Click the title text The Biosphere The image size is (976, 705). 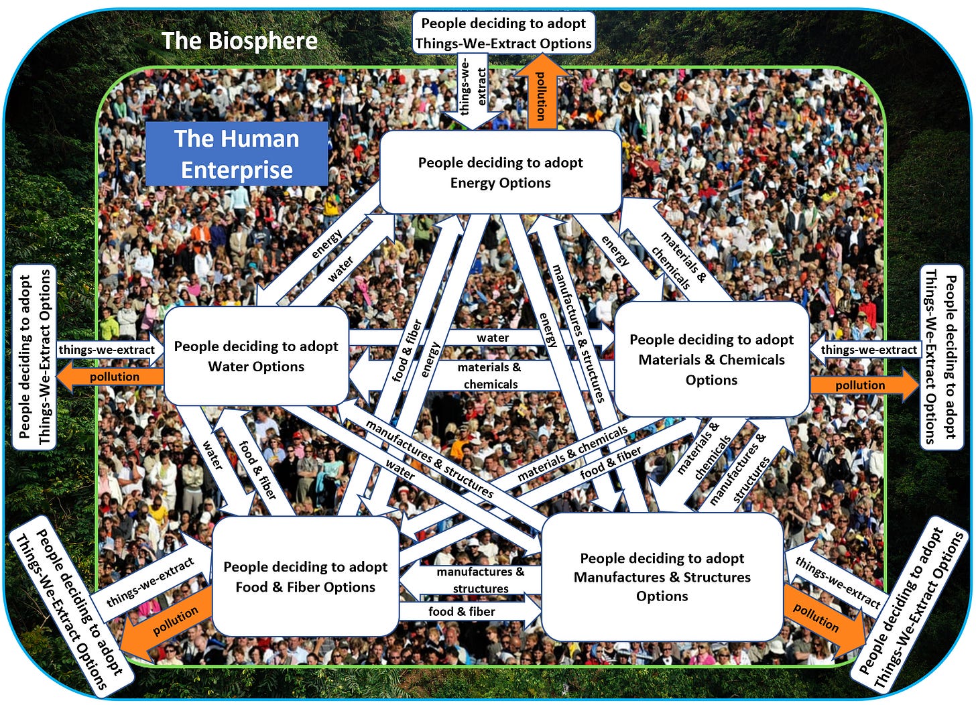[x=239, y=41]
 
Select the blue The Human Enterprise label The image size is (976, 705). [x=237, y=153]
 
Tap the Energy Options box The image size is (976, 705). [x=500, y=172]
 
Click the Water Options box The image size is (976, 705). [x=256, y=356]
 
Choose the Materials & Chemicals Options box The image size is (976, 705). [x=711, y=359]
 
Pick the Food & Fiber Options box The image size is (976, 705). [x=305, y=576]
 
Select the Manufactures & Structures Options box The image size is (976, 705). [x=662, y=576]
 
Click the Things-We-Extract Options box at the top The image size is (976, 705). [x=503, y=34]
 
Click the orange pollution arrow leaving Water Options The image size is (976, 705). [x=111, y=377]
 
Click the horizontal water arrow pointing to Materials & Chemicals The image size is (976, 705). [x=493, y=338]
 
